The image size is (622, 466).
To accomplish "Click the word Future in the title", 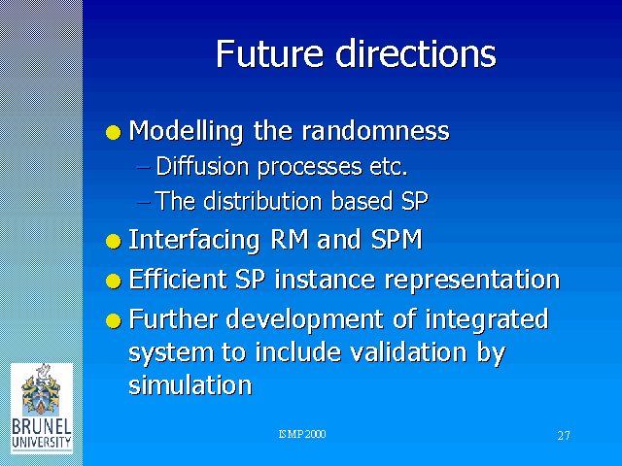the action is click(269, 54).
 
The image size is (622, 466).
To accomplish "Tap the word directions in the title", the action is click(416, 54).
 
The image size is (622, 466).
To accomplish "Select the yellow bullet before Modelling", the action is click(114, 132).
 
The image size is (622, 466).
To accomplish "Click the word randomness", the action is click(375, 130).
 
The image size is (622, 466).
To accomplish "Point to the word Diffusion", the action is click(202, 166).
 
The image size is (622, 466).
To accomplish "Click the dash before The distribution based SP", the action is click(143, 203).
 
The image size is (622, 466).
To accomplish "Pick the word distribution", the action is click(262, 201).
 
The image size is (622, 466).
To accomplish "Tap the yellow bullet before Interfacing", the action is click(114, 241).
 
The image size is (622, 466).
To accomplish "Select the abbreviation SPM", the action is click(397, 240).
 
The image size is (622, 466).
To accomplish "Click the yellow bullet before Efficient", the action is click(114, 281).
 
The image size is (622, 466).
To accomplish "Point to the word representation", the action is click(472, 281).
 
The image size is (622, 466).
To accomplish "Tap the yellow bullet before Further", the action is click(114, 320).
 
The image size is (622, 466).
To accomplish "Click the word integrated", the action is click(487, 320).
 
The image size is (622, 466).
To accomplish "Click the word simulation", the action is click(190, 384).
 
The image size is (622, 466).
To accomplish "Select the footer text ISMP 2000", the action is click(302, 434).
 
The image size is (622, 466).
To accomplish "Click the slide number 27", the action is click(564, 436).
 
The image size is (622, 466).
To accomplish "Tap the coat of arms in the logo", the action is click(41, 390).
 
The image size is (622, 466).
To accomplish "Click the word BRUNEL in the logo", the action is click(42, 427).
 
